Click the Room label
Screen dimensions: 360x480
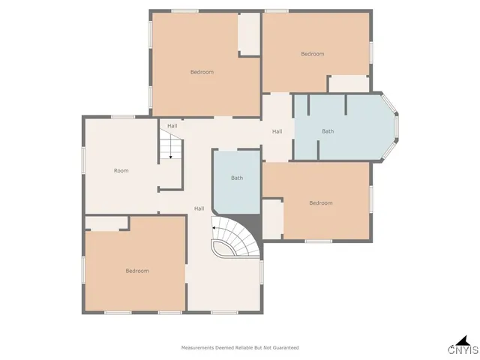coord(121,171)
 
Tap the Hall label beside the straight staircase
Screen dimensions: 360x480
coord(172,126)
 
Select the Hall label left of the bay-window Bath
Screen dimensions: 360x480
coord(277,132)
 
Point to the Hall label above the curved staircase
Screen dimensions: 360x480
coord(199,208)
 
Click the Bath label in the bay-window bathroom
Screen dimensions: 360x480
coord(328,132)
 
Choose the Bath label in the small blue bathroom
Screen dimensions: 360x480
coord(237,178)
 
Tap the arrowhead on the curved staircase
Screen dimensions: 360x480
coord(214,225)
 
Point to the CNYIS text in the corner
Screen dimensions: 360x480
coord(463,350)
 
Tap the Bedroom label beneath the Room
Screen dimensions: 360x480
coord(136,271)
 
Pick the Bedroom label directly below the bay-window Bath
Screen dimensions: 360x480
coord(320,203)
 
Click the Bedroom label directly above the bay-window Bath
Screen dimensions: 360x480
coord(312,54)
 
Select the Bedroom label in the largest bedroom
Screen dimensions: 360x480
coord(202,72)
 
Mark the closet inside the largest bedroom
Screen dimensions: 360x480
coord(248,34)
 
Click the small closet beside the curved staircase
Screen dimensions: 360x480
coord(271,218)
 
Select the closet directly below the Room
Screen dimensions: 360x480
coord(106,223)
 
